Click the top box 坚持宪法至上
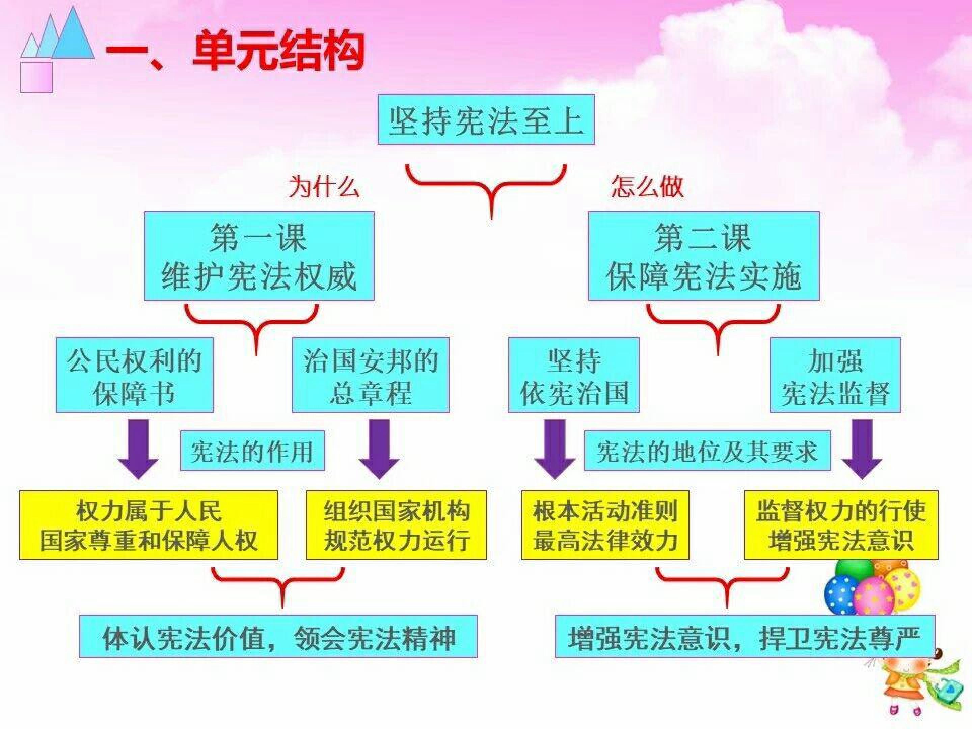point(486,119)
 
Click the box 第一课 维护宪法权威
point(259,256)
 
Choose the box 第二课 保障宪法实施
point(704,256)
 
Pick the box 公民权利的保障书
point(134,375)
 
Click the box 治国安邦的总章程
point(371,375)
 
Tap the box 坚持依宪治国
point(574,375)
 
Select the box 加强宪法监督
point(835,375)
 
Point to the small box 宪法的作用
point(253,451)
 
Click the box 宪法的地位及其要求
point(707,451)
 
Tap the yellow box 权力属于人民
point(148,525)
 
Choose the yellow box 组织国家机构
point(396,525)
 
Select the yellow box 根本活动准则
point(605,525)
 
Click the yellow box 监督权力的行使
point(841,525)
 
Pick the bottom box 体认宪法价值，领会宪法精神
point(278,636)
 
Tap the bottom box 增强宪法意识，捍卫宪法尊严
point(745,636)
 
